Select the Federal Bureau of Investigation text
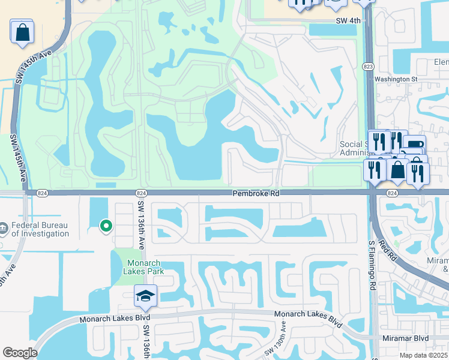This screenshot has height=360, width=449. click(x=40, y=229)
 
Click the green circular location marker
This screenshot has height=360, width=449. click(x=106, y=226)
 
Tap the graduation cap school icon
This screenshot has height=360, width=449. click(x=144, y=296)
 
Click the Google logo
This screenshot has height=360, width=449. click(x=20, y=353)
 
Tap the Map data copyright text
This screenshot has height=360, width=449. click(x=424, y=355)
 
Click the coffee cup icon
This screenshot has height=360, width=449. click(x=414, y=145)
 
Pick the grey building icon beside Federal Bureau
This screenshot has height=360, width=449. click(x=5, y=229)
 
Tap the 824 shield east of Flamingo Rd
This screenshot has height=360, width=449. click(x=392, y=193)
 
